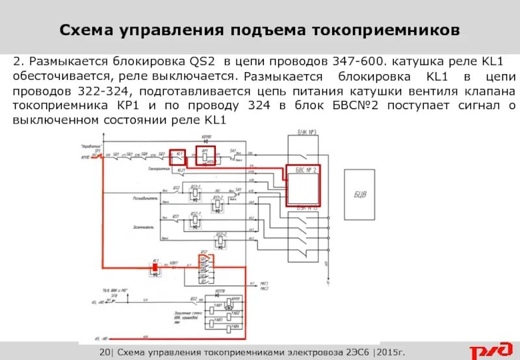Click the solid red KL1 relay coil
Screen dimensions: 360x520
click(x=156, y=266)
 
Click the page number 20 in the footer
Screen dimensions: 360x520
click(x=107, y=352)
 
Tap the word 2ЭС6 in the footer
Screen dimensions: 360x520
click(x=350, y=352)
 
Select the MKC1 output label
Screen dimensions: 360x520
click(x=264, y=283)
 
